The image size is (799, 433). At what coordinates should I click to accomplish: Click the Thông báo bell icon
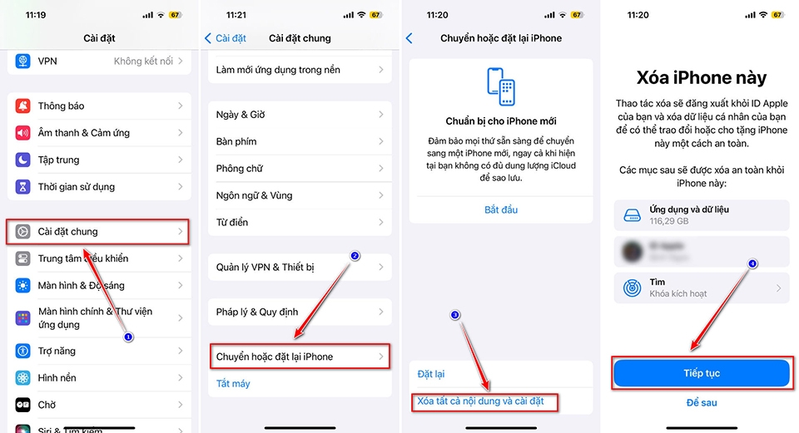(x=23, y=106)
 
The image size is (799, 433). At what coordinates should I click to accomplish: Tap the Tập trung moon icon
(x=23, y=160)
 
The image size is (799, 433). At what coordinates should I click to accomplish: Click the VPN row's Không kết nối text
(x=143, y=62)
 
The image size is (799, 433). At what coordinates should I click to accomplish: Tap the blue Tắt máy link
(x=233, y=384)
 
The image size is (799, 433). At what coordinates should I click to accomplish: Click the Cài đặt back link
(x=226, y=38)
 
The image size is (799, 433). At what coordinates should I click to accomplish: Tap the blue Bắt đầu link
(x=501, y=209)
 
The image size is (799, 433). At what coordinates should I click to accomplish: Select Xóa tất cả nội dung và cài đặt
(x=480, y=401)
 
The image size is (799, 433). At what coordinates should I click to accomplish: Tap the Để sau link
(x=702, y=403)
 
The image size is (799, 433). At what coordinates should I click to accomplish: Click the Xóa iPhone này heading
(x=702, y=79)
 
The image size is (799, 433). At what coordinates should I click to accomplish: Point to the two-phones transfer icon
(x=501, y=86)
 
